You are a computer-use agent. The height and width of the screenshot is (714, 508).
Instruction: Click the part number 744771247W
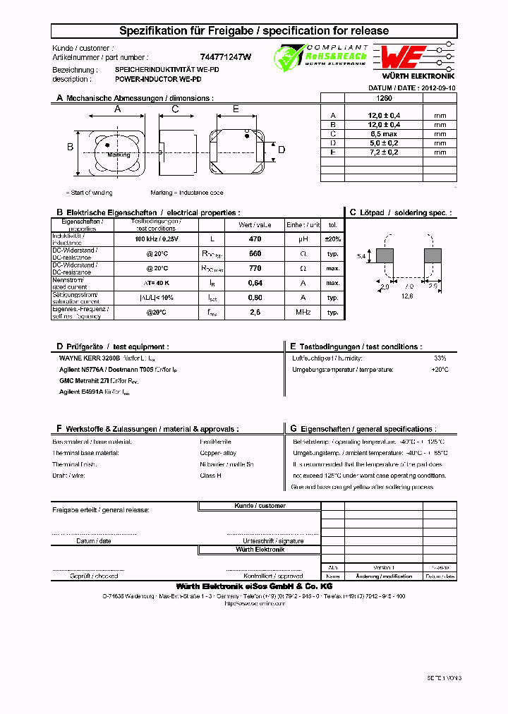click(231, 57)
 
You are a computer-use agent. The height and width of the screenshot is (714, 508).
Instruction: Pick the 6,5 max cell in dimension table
click(383, 133)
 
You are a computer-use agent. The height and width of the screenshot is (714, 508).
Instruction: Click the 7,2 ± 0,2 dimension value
click(383, 152)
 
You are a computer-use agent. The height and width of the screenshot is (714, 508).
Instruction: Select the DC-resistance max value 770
click(255, 268)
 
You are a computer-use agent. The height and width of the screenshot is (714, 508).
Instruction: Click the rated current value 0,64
click(255, 282)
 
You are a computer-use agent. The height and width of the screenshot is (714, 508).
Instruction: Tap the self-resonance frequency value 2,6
click(255, 312)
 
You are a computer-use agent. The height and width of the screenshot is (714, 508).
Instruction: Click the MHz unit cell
click(303, 312)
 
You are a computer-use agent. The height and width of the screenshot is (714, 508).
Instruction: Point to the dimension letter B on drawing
click(70, 147)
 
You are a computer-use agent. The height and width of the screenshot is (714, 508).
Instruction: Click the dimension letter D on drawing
click(281, 149)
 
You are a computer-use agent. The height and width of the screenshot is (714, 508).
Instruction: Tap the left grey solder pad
click(385, 256)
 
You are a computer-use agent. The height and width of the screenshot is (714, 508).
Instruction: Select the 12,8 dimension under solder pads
click(408, 296)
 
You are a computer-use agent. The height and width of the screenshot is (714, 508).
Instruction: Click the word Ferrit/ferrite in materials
click(211, 442)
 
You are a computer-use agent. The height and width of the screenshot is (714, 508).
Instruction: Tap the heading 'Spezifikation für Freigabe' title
click(254, 31)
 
